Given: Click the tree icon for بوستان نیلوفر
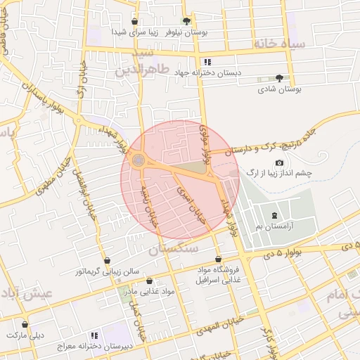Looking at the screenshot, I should click(x=186, y=22).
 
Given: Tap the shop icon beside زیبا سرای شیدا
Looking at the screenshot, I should click(x=135, y=22).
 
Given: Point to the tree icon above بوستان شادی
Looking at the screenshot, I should click(x=280, y=78).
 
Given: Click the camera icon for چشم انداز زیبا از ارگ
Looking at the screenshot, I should click(x=279, y=162).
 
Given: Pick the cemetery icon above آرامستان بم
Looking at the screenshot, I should click(x=274, y=215).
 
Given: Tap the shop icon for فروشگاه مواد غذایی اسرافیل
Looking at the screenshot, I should click(x=218, y=259).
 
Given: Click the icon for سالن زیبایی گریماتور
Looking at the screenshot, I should click(x=107, y=259).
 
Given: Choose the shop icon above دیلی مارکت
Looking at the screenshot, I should click(x=26, y=325).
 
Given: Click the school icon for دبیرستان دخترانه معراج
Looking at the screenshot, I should click(x=94, y=335).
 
